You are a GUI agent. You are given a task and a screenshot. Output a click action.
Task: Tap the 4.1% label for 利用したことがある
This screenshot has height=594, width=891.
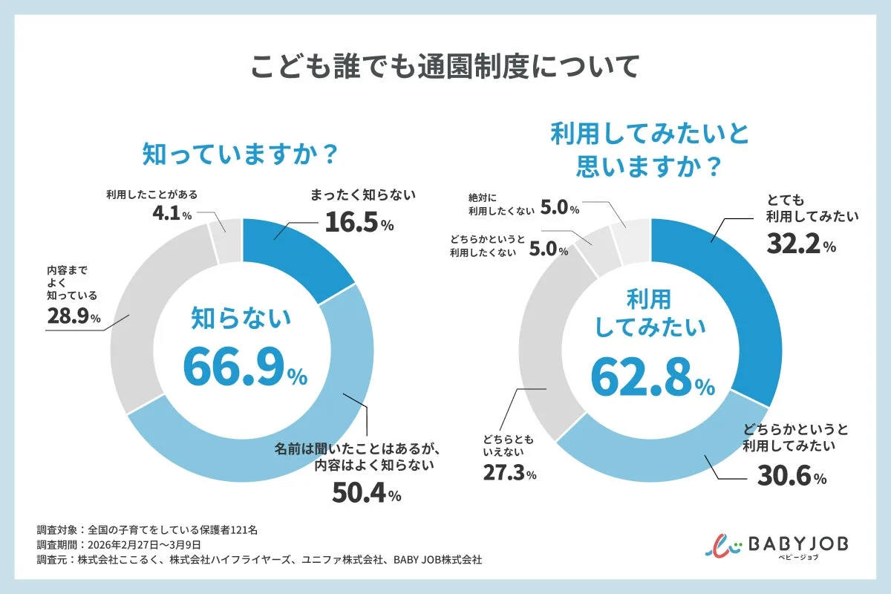[x=170, y=215]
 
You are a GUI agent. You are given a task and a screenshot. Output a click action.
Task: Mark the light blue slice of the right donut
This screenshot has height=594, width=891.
[x=668, y=453]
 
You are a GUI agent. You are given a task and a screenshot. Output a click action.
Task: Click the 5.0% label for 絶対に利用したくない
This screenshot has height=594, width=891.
[x=558, y=208]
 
